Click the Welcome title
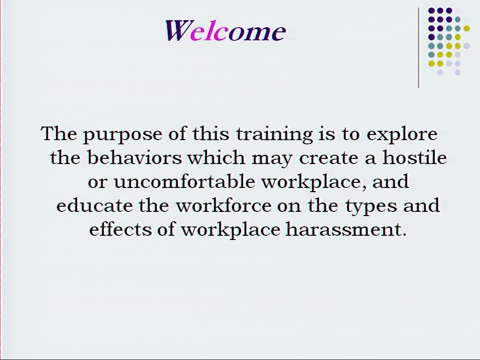(x=225, y=30)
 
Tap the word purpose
(x=123, y=135)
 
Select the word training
(x=275, y=135)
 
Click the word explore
(x=402, y=135)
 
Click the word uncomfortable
(x=184, y=181)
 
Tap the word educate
(x=94, y=205)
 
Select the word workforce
(x=224, y=205)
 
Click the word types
(x=371, y=206)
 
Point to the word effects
(x=120, y=229)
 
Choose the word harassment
(x=346, y=229)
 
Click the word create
(x=329, y=158)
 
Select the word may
(x=272, y=160)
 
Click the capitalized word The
(x=59, y=134)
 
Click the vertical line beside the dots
(x=419, y=48)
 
